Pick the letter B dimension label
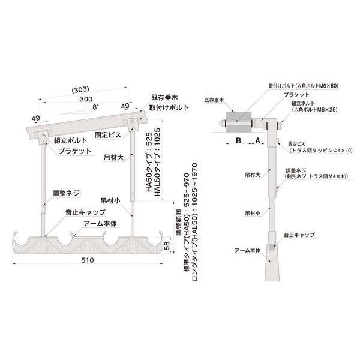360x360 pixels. click(x=238, y=140)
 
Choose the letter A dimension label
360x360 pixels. click(x=258, y=140)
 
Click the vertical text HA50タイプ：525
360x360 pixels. click(x=149, y=162)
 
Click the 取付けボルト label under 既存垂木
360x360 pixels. click(x=167, y=108)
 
